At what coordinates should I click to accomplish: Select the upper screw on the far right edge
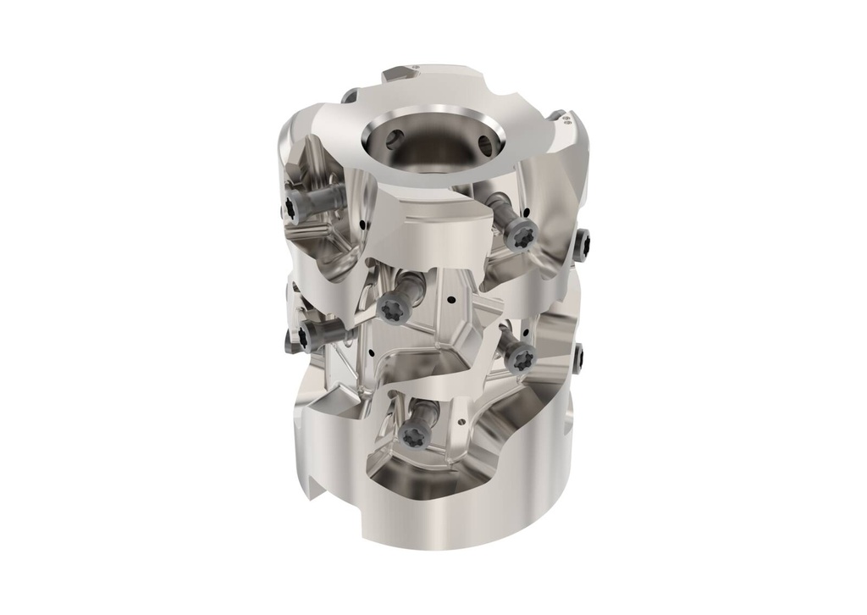[583, 246]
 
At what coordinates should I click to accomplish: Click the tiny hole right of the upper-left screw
[362, 225]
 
